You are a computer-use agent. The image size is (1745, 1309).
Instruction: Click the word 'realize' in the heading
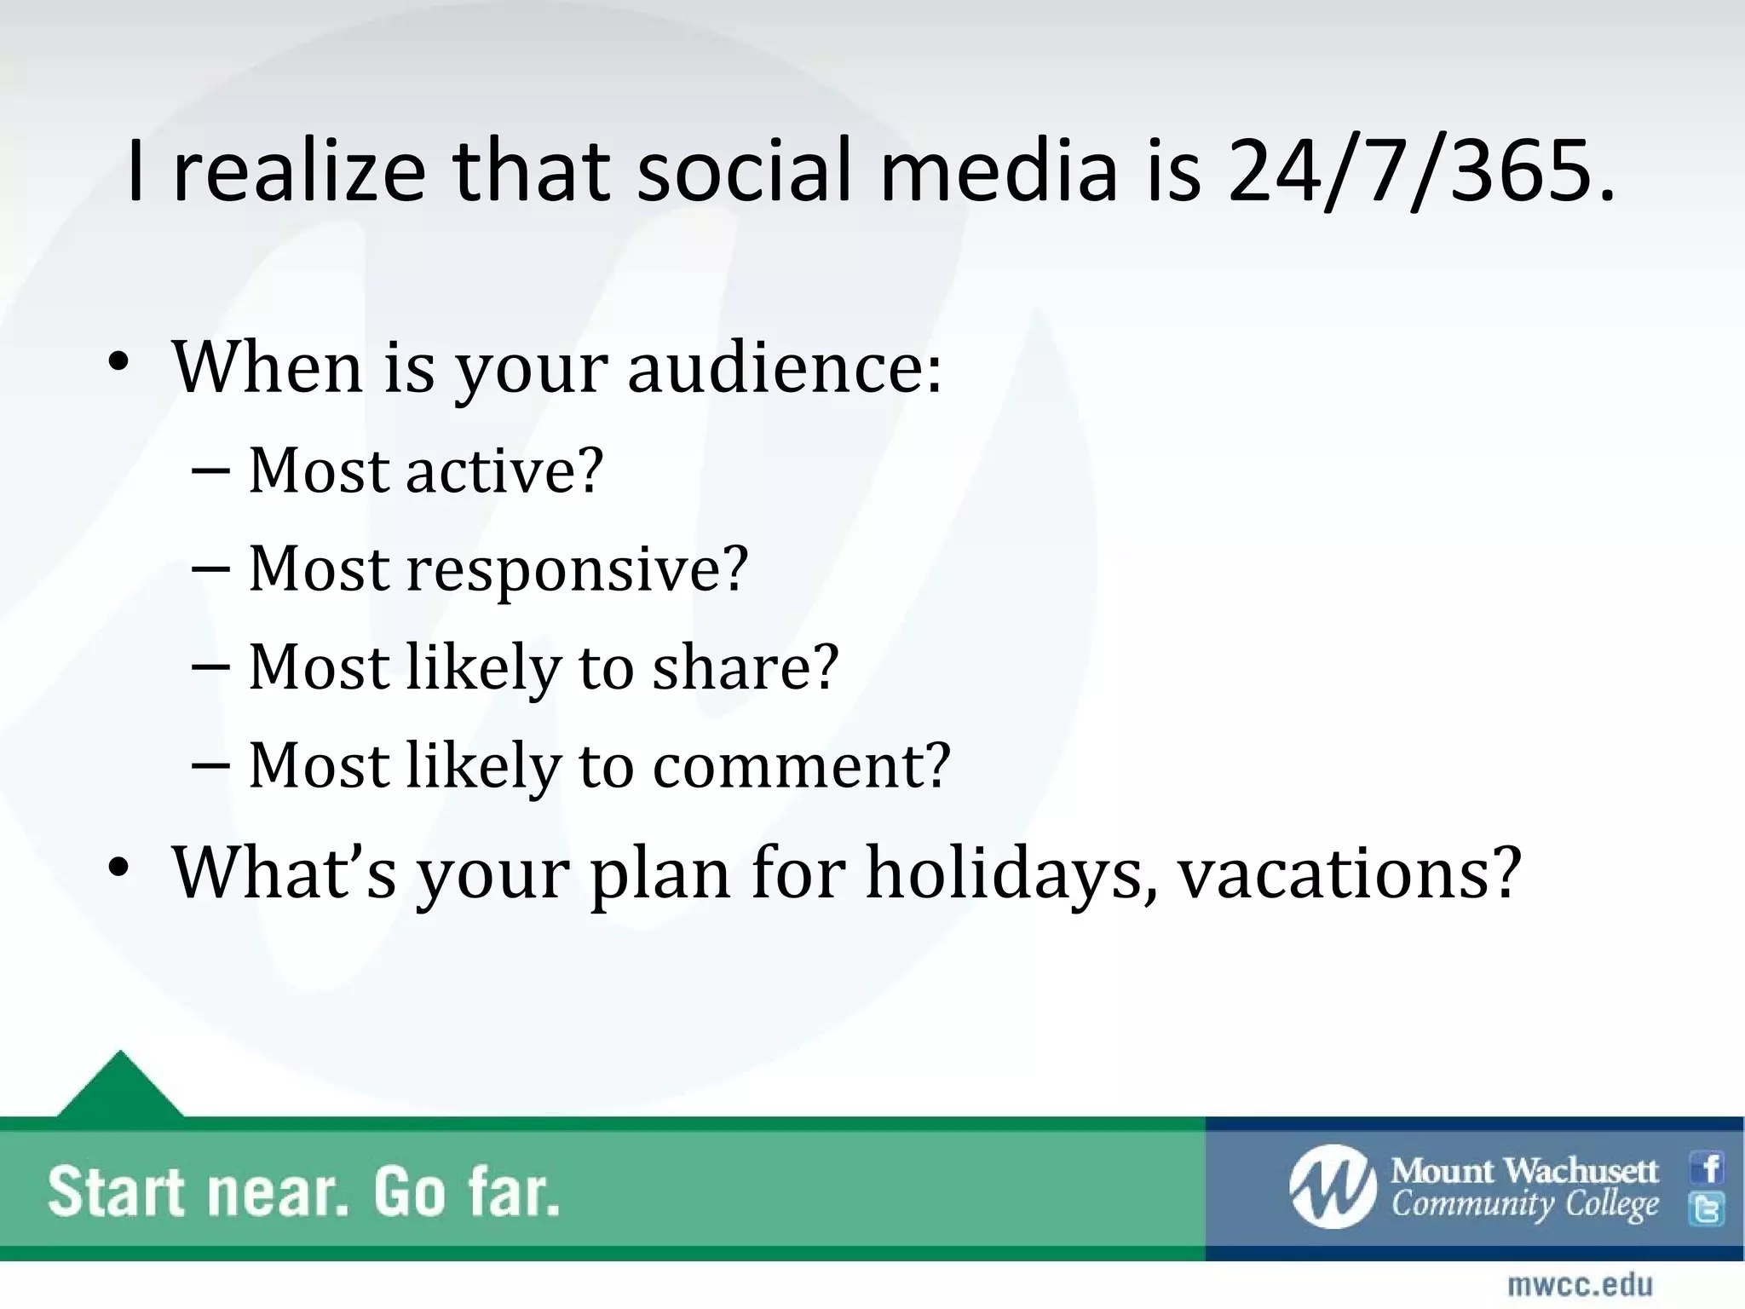click(297, 173)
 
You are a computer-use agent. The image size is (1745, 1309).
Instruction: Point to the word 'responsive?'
click(577, 569)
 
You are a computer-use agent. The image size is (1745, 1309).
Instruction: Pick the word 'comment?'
click(801, 765)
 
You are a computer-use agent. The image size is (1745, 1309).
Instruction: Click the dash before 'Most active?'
click(210, 470)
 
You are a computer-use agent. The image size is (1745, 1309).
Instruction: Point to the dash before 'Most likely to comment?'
click(210, 764)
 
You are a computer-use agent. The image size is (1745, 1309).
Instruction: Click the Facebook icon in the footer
click(1708, 1168)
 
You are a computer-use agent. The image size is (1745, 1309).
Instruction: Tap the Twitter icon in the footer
click(1708, 1208)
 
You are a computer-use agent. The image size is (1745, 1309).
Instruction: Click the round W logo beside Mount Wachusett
click(1332, 1186)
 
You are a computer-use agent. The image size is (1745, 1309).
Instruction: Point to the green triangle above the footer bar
click(120, 1087)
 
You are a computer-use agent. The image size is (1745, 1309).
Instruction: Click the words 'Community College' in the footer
click(1525, 1205)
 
